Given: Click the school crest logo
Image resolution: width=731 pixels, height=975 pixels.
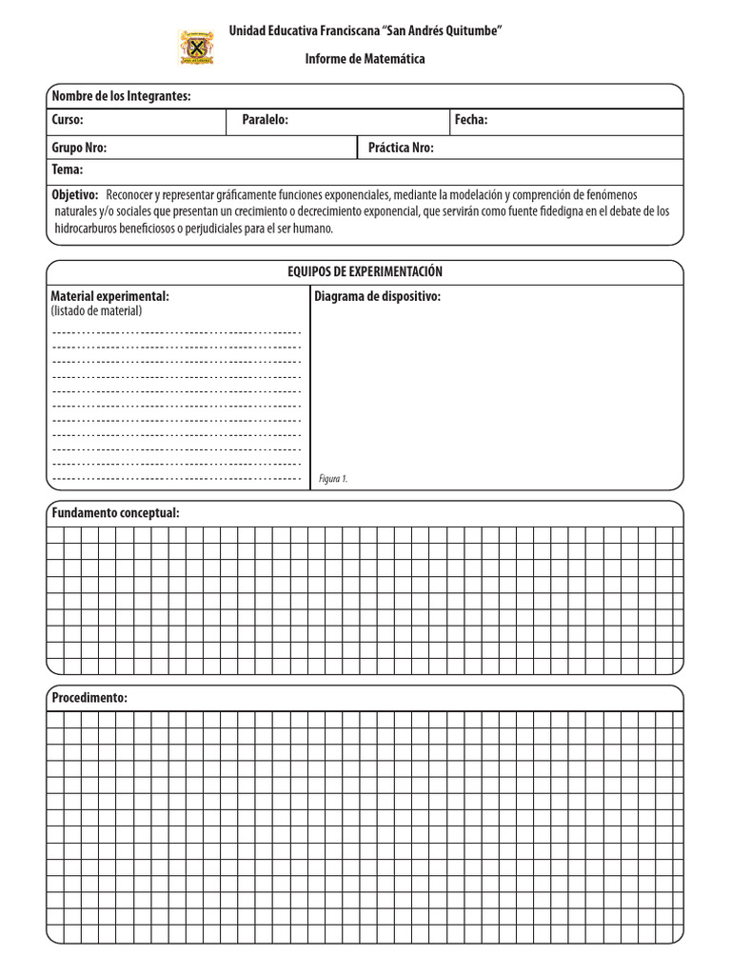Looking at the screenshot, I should tap(197, 48).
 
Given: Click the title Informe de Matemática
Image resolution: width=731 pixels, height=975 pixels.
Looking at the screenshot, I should tap(365, 59).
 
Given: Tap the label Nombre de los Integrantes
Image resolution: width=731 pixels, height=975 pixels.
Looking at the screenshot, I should tap(121, 96).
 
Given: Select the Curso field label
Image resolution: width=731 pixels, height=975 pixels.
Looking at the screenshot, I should tap(68, 120).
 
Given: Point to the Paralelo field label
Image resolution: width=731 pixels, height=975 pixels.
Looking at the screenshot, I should tap(265, 120).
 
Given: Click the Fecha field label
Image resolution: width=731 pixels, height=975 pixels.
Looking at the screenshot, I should tap(471, 120).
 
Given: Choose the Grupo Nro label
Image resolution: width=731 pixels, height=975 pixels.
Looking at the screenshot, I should tap(79, 148).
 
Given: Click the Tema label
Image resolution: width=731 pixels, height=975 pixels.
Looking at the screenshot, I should tap(68, 170).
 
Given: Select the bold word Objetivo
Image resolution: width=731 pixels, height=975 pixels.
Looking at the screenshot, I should tap(74, 193).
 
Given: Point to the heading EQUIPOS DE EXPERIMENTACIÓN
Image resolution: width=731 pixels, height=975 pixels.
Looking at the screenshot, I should tap(365, 272).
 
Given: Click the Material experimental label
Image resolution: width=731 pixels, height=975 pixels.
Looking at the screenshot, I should tap(109, 296).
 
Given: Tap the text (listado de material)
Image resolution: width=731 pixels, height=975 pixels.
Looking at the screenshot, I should tap(96, 310).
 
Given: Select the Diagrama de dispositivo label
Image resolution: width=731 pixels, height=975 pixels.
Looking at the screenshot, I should tap(377, 296).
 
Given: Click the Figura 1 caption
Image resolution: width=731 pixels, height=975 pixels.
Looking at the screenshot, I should tap(334, 479).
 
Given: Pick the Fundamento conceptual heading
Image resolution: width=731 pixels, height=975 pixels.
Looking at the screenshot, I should tap(115, 513).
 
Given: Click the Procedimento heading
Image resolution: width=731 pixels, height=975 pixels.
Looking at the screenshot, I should tap(89, 698).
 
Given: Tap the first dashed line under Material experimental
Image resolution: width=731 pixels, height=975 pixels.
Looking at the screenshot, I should tap(176, 332).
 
